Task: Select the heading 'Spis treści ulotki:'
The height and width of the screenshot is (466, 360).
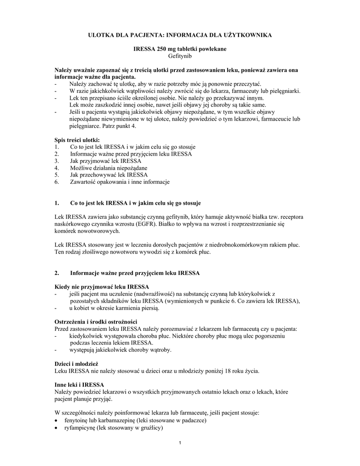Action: click(x=76, y=140)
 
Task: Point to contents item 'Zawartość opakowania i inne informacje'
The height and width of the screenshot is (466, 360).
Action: click(x=120, y=182)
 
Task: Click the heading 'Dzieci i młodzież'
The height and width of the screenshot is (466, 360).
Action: click(x=76, y=364)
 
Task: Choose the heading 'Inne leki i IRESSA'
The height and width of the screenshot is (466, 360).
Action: click(x=79, y=385)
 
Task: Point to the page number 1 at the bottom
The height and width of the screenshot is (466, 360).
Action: click(x=180, y=444)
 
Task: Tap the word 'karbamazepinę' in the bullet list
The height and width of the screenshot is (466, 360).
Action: click(x=124, y=420)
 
